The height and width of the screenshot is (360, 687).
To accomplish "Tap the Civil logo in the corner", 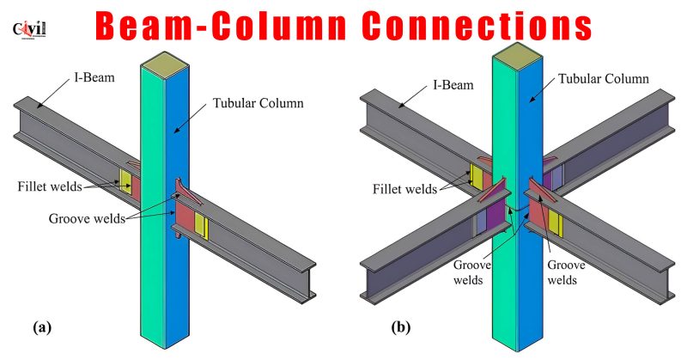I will [29, 29].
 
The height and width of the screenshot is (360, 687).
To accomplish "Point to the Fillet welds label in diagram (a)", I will [50, 184].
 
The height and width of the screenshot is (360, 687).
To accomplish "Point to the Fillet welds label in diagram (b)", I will [404, 188].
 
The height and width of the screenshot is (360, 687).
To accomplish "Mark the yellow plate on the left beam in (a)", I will [125, 180].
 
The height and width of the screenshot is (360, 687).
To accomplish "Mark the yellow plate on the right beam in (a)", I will [202, 225].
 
